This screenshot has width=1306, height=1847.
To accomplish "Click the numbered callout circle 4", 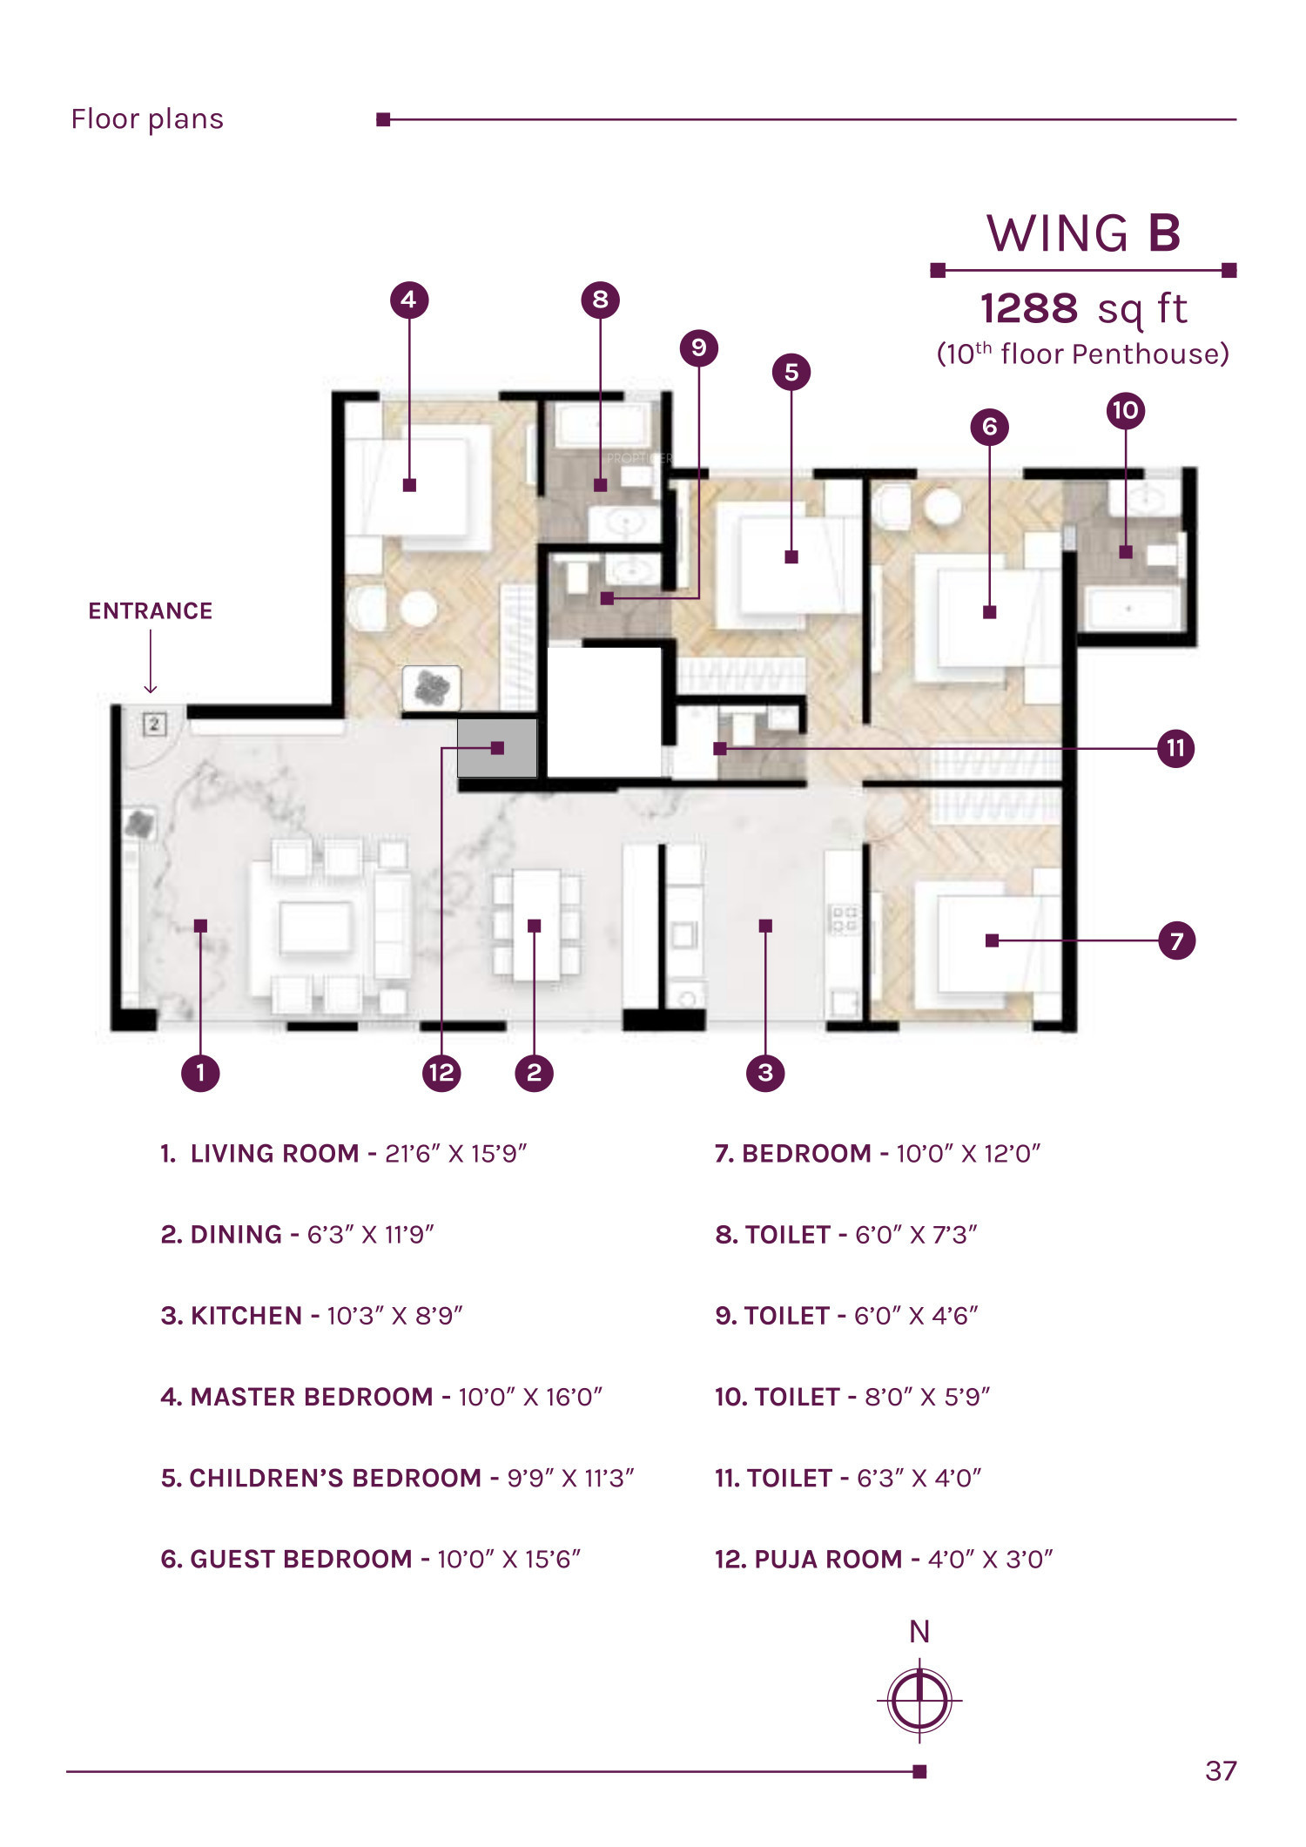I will click(409, 300).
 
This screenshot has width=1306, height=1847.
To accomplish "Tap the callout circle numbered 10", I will click(1125, 410).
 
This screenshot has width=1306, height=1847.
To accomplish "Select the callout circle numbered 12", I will click(441, 1072).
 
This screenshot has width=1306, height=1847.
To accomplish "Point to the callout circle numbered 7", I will click(1176, 940).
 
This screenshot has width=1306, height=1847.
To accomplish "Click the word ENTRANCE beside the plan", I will click(151, 611).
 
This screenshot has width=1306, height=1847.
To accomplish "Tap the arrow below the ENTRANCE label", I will click(151, 662).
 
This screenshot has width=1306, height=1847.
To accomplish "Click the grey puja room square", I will click(497, 748).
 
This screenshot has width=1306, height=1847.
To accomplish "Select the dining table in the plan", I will click(535, 926).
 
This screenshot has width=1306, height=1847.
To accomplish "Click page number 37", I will click(1221, 1770).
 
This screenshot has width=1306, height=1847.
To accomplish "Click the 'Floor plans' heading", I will click(147, 119).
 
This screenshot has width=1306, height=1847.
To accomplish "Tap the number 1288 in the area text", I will click(1029, 308).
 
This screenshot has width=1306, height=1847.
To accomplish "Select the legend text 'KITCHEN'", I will click(246, 1315).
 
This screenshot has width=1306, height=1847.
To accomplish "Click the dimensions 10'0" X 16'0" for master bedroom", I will click(530, 1397).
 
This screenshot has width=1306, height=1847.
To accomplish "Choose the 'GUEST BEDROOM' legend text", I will click(301, 1559).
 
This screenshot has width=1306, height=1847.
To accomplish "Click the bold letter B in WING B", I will click(1164, 233).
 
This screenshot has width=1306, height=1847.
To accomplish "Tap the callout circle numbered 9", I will click(698, 347).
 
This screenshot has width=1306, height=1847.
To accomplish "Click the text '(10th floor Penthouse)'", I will click(1082, 354).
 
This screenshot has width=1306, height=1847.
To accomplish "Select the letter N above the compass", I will click(919, 1632).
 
